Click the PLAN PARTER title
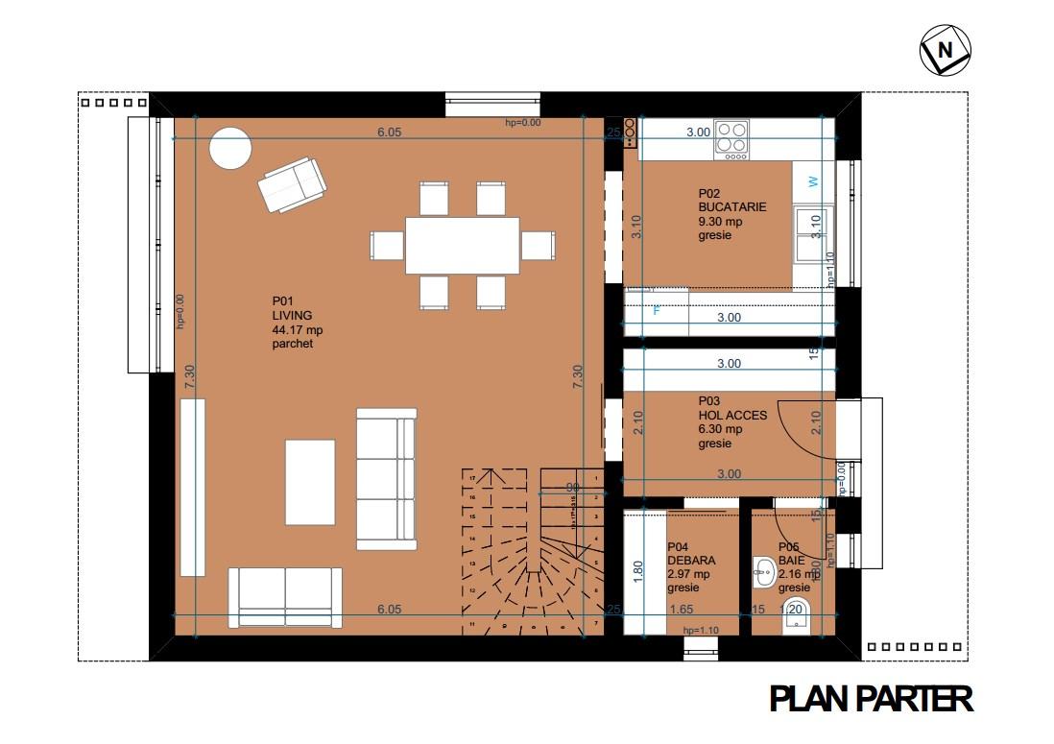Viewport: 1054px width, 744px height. pos(872,699)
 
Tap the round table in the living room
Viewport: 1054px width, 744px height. pos(230,151)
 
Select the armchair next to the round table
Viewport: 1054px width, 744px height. pos(291,185)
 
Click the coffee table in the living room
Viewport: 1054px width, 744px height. pos(310,482)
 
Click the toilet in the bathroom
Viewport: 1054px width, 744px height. pos(796,613)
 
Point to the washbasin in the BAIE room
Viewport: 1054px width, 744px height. pos(764,573)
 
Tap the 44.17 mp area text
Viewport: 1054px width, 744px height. pos(298,331)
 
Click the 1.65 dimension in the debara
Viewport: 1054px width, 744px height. pos(682,610)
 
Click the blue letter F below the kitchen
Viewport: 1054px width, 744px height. pos(658,310)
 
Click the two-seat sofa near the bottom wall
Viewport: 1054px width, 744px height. pos(285,597)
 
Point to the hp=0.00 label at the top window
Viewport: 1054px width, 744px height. pos(523,123)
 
